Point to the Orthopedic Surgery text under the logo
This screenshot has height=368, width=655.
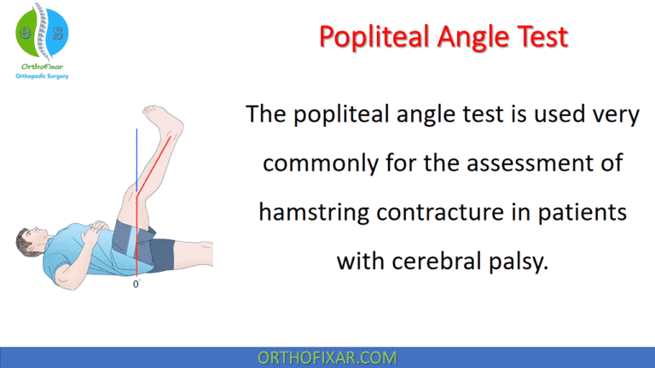[x=43, y=76]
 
